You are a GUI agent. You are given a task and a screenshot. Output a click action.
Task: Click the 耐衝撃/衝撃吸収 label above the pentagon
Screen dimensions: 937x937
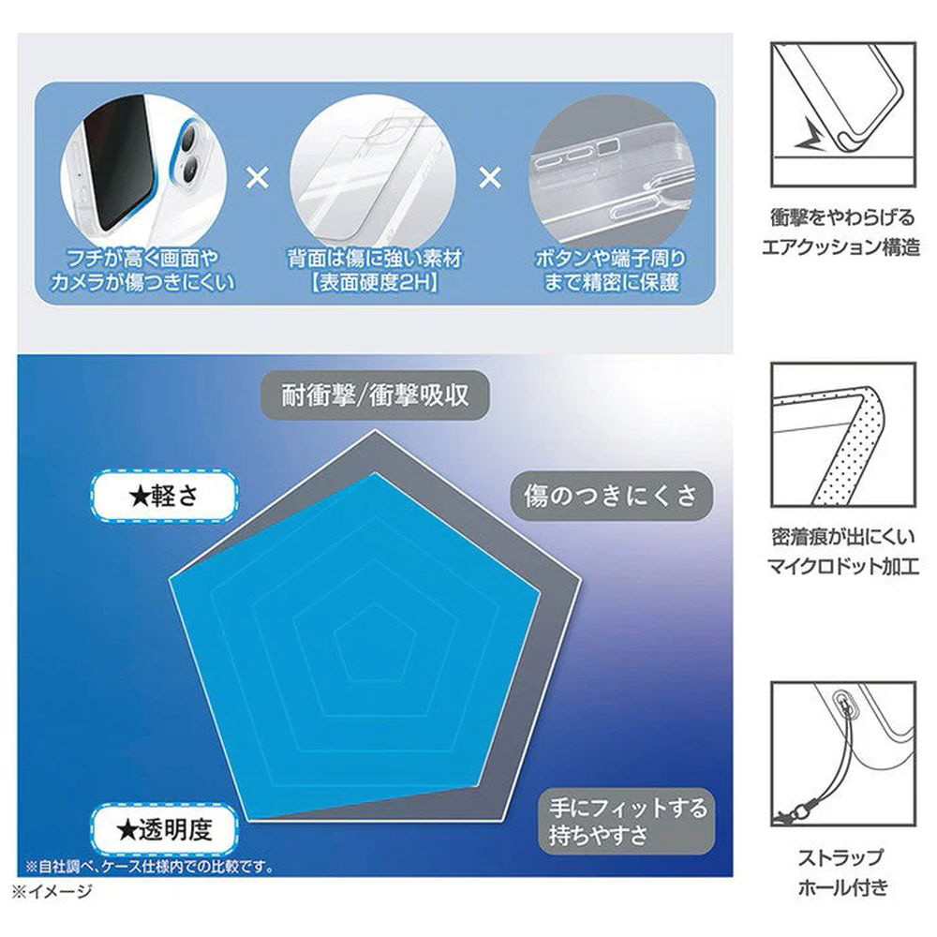[375, 395]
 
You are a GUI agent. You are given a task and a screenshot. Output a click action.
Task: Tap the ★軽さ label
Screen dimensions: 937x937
[164, 496]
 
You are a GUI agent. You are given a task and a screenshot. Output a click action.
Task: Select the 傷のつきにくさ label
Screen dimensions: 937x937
[611, 496]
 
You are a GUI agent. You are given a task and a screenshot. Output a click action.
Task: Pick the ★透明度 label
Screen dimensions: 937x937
[164, 829]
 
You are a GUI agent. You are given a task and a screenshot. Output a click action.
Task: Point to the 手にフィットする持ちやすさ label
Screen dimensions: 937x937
[627, 822]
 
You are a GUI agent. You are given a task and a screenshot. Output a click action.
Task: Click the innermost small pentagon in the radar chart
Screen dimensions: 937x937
[375, 643]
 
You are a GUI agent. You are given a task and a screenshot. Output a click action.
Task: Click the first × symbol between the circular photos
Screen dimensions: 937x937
[258, 177]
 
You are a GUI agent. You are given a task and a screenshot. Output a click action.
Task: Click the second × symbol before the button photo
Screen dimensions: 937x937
[490, 177]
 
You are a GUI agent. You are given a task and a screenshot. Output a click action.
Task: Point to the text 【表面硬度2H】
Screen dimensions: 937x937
[375, 282]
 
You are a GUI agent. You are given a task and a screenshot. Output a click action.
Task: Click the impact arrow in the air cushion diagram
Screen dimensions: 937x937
[810, 136]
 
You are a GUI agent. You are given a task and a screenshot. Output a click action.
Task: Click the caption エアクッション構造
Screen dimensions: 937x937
[840, 246]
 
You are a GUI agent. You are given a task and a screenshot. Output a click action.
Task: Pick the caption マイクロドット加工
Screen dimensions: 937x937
[842, 565]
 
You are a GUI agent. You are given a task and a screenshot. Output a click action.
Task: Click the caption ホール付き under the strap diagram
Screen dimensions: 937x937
[842, 886]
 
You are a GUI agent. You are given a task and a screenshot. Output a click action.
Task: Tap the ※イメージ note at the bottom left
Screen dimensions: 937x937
[52, 891]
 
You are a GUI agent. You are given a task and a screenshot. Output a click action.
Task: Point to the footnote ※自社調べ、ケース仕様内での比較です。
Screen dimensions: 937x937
[149, 866]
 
